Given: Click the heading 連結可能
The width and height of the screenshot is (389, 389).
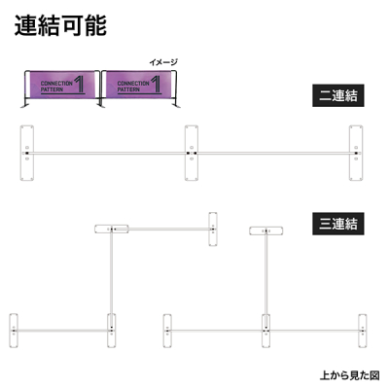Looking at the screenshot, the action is [60, 25].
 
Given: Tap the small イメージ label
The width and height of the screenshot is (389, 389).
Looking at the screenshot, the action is [163, 62].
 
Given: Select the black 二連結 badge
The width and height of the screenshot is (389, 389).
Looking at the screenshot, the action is [338, 95].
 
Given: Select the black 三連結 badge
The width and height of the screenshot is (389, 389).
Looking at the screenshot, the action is [338, 224].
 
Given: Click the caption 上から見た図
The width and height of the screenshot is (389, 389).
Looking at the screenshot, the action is [350, 375].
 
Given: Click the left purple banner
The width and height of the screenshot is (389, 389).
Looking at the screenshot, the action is [62, 85].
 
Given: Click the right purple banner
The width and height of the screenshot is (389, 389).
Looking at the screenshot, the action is [139, 85].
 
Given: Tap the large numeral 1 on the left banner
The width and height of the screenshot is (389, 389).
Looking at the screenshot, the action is [80, 85].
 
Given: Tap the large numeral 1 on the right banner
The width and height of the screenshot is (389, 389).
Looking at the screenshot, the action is [156, 85].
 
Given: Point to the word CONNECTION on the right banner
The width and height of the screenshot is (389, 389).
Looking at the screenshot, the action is [133, 84].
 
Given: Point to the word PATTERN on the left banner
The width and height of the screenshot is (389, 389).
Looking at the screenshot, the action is [52, 89].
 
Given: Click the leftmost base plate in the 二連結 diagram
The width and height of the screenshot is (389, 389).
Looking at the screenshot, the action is [27, 153].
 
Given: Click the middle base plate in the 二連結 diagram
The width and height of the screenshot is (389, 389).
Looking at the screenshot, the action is [192, 153].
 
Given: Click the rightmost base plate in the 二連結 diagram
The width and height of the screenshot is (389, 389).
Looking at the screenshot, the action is [356, 153].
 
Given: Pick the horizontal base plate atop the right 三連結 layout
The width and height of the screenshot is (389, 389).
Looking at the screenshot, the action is [266, 230].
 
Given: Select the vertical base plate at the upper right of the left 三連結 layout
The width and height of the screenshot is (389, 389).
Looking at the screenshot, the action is [213, 230].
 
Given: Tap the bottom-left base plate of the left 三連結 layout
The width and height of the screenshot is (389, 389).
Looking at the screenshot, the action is [14, 331].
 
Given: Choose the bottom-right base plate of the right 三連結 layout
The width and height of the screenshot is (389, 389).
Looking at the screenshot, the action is [363, 331].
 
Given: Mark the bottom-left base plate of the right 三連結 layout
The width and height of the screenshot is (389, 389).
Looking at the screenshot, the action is [167, 331].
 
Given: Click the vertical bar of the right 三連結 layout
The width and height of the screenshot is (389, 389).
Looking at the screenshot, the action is [266, 280].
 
